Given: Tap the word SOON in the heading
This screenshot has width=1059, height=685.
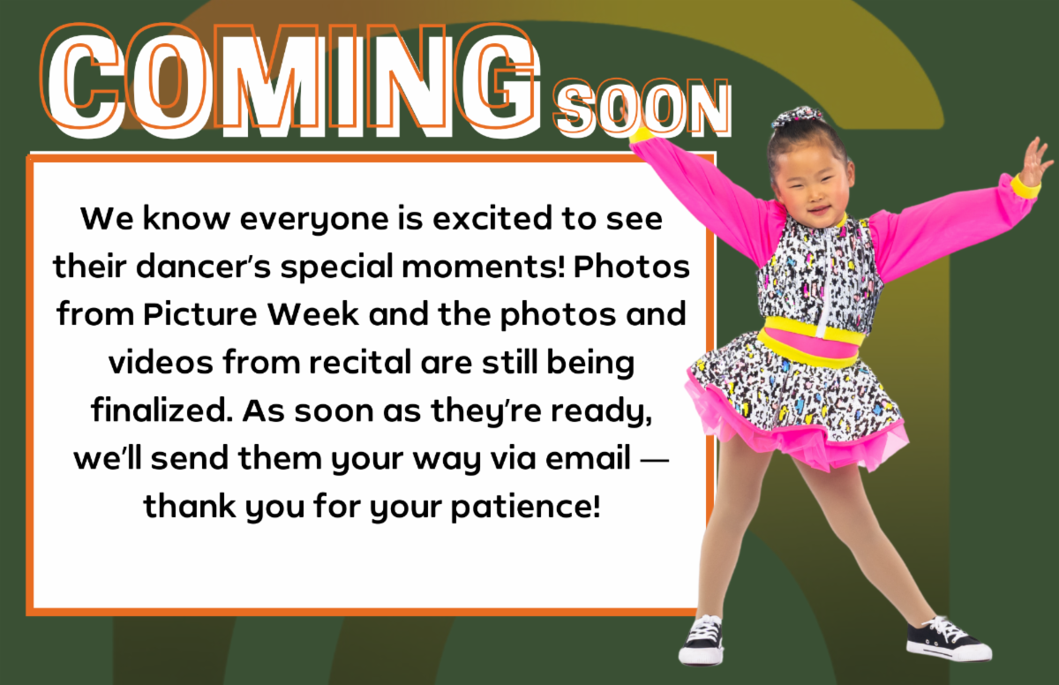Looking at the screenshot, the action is click(642, 108).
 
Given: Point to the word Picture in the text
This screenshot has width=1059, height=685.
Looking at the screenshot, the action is click(200, 315).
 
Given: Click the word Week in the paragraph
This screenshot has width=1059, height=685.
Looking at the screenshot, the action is click(313, 314).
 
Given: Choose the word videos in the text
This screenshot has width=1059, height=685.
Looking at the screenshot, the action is click(161, 362).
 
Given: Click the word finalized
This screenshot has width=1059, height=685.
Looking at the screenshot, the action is click(161, 410).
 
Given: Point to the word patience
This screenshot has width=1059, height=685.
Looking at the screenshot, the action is click(526, 508).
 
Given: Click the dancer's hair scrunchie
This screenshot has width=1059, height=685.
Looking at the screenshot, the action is click(798, 117).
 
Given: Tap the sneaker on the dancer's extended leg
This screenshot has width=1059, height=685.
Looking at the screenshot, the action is click(948, 640).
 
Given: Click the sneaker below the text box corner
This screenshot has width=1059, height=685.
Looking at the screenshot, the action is click(702, 640).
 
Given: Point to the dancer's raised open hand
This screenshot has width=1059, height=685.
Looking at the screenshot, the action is click(1035, 161).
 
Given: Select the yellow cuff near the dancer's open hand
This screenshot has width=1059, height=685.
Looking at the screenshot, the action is click(1025, 186).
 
